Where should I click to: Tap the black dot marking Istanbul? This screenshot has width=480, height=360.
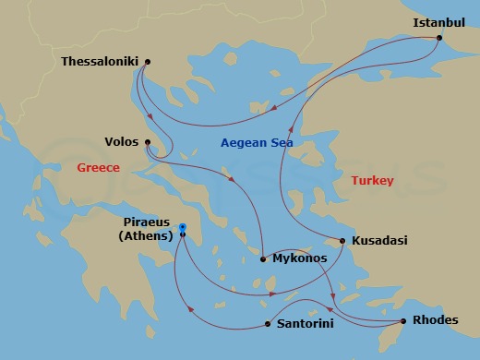pos(439,38)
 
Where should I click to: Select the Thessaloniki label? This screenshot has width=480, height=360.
pos(99,62)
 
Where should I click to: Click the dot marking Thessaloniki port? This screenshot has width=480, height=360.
pos(148,62)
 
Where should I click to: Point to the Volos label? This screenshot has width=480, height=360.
pos(123,142)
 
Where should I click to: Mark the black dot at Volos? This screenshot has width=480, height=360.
pos(148,142)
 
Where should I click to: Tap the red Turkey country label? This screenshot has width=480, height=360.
pos(372,181)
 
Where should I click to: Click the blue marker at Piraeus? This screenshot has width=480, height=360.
pos(183,228)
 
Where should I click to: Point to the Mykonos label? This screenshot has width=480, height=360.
pos(300,259)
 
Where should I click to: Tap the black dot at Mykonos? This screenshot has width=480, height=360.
pos(264,259)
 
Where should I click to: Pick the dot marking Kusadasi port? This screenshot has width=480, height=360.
pos(342,241)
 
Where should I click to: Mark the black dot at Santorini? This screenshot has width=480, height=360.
pos(267,324)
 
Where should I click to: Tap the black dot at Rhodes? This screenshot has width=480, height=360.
pos(402,321)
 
